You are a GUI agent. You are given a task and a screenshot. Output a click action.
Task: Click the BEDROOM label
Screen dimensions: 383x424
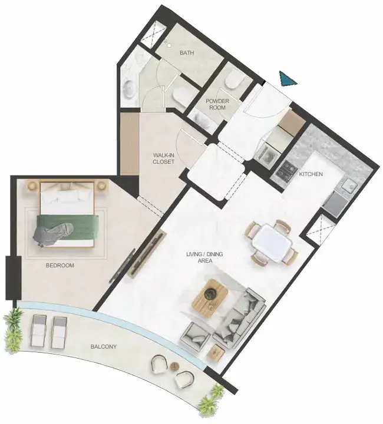60,265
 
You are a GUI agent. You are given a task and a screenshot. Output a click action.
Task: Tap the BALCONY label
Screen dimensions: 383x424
104,346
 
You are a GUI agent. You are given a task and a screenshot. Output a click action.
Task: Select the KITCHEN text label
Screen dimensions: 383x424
311,174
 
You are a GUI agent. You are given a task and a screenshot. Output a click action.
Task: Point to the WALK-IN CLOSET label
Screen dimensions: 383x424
163,158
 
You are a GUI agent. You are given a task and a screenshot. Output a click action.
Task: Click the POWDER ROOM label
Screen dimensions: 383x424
217,104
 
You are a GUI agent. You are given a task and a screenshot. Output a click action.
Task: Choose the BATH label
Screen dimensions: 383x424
187,53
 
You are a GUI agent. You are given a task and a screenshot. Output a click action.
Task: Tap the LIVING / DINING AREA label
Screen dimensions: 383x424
204,257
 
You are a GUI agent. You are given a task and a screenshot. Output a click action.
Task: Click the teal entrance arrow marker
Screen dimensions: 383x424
288,79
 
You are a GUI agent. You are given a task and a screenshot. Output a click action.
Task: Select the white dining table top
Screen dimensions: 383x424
273,242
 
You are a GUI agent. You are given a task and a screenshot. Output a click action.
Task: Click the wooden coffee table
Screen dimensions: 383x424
210,296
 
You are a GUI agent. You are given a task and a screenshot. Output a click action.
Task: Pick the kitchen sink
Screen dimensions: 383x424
349,185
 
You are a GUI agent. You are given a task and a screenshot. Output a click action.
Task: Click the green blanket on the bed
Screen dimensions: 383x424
68,228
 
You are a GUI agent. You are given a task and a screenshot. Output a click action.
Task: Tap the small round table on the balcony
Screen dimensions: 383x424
175,366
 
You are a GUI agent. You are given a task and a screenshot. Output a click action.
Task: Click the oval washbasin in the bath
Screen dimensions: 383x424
130,88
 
